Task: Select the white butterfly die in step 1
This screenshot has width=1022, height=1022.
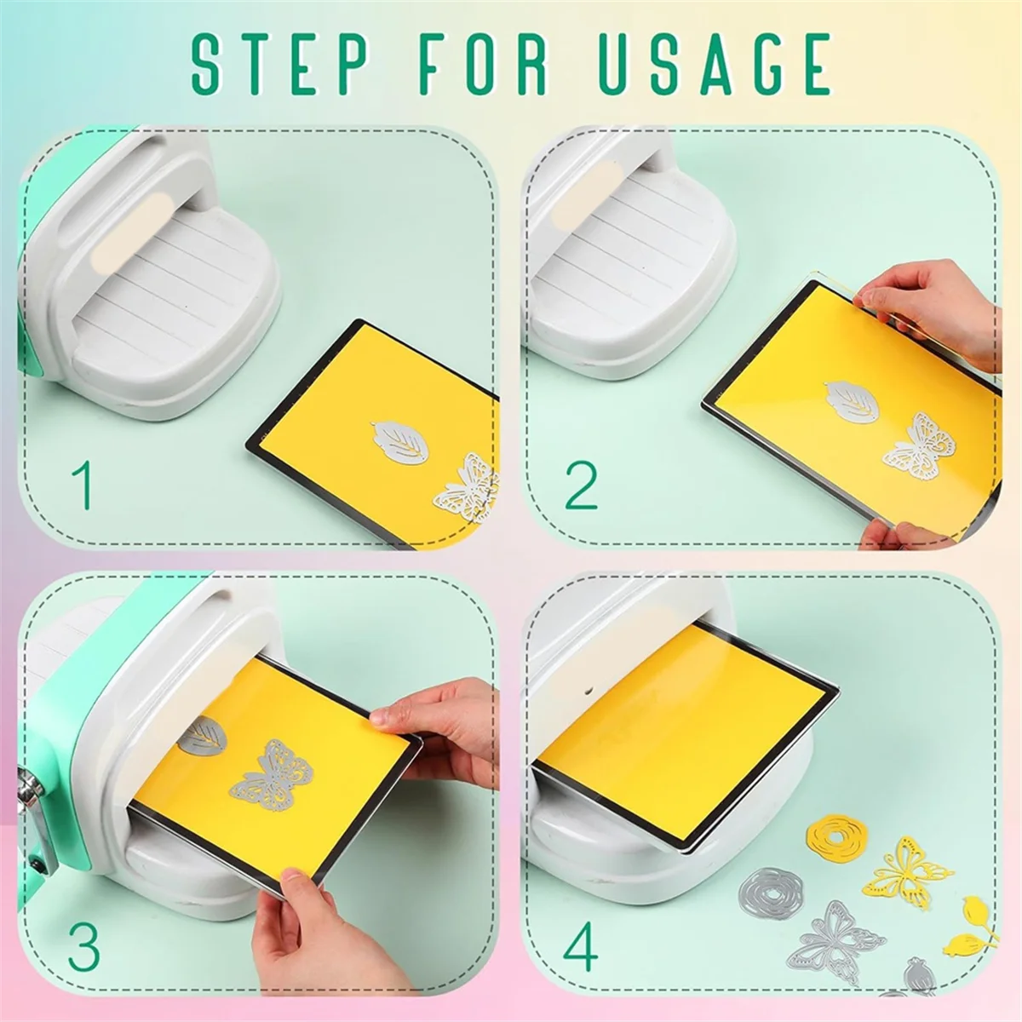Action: tap(466, 489)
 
